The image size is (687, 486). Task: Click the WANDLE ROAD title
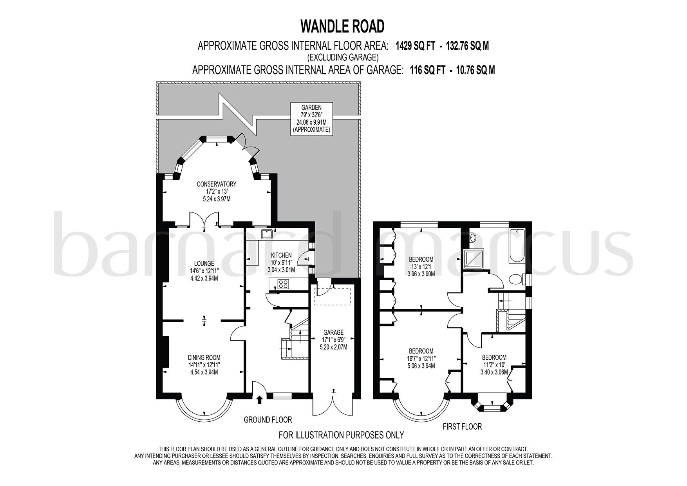point(342,26)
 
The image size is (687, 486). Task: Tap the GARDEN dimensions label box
point(311,118)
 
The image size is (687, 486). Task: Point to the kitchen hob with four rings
point(283,284)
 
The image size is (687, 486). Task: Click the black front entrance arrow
point(259,399)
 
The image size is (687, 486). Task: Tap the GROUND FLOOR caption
point(268,420)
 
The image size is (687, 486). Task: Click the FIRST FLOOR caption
point(462,426)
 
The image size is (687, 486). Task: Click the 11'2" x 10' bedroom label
point(494,365)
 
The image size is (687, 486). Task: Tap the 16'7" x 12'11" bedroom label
point(421,358)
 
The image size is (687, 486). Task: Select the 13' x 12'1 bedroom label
point(421,267)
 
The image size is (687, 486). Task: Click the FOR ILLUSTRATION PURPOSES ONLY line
point(341,435)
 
